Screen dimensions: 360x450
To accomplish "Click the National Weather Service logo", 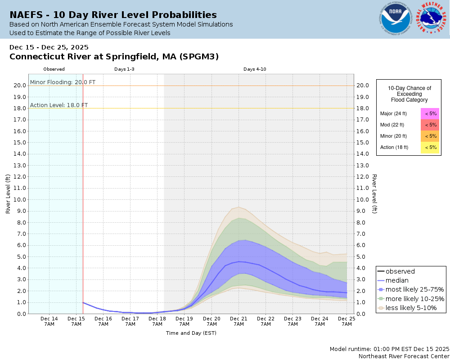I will point(432,19).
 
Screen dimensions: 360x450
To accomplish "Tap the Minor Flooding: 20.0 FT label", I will point(63,82).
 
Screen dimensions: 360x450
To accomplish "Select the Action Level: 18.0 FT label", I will point(59,105).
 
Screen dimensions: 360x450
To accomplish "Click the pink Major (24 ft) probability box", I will point(430,113).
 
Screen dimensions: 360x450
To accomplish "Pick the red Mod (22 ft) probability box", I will point(430,125).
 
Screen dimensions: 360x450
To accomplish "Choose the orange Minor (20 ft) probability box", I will point(430,136).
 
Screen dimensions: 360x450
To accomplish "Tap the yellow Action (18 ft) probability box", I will point(430,147).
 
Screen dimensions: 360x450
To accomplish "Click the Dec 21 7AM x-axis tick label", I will point(238,321).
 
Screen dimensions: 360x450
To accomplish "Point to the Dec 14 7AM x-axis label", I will point(49,321).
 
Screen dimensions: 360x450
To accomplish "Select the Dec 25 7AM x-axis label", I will point(346,321).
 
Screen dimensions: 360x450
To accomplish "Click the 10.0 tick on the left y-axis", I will point(19,199).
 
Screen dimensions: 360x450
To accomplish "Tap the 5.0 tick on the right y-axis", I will point(363,256).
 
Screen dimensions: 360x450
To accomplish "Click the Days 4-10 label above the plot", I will point(255,69).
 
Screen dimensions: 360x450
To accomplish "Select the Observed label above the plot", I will point(54,69).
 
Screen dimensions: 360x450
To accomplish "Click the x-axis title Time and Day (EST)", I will point(191,333).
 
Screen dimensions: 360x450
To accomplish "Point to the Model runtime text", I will point(389,349).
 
